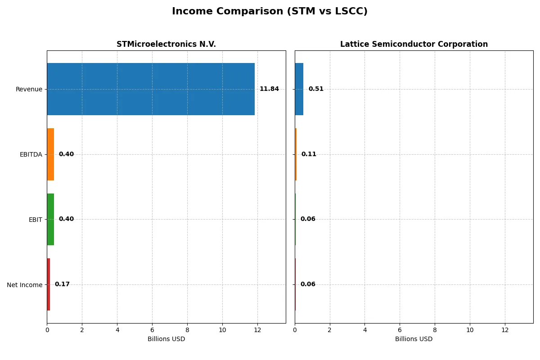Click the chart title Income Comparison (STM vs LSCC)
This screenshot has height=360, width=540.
tap(270, 12)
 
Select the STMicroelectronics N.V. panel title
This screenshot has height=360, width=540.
tap(166, 44)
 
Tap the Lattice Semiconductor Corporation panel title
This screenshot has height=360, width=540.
tap(414, 44)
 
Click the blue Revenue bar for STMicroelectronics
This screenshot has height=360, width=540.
tap(151, 89)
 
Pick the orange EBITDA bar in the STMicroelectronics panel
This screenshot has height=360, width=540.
tap(50, 154)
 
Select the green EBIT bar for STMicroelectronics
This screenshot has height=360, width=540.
tap(50, 219)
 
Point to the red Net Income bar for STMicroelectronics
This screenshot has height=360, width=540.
tap(49, 284)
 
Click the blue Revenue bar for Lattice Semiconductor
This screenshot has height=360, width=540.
tap(299, 89)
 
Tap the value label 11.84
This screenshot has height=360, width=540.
tap(269, 89)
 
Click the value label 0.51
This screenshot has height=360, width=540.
tap(316, 89)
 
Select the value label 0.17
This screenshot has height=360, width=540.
tap(62, 284)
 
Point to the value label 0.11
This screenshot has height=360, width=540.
tap(309, 154)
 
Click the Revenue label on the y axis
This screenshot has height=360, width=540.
tap(29, 89)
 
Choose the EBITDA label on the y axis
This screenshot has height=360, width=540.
tap(31, 154)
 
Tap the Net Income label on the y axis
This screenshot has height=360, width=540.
tap(25, 285)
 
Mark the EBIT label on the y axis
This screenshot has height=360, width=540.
tap(36, 220)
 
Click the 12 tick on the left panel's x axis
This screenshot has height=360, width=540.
tap(257, 330)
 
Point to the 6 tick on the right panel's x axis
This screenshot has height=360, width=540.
tap(400, 330)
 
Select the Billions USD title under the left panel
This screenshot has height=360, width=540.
tap(166, 339)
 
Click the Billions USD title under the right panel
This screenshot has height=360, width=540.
tap(414, 339)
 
